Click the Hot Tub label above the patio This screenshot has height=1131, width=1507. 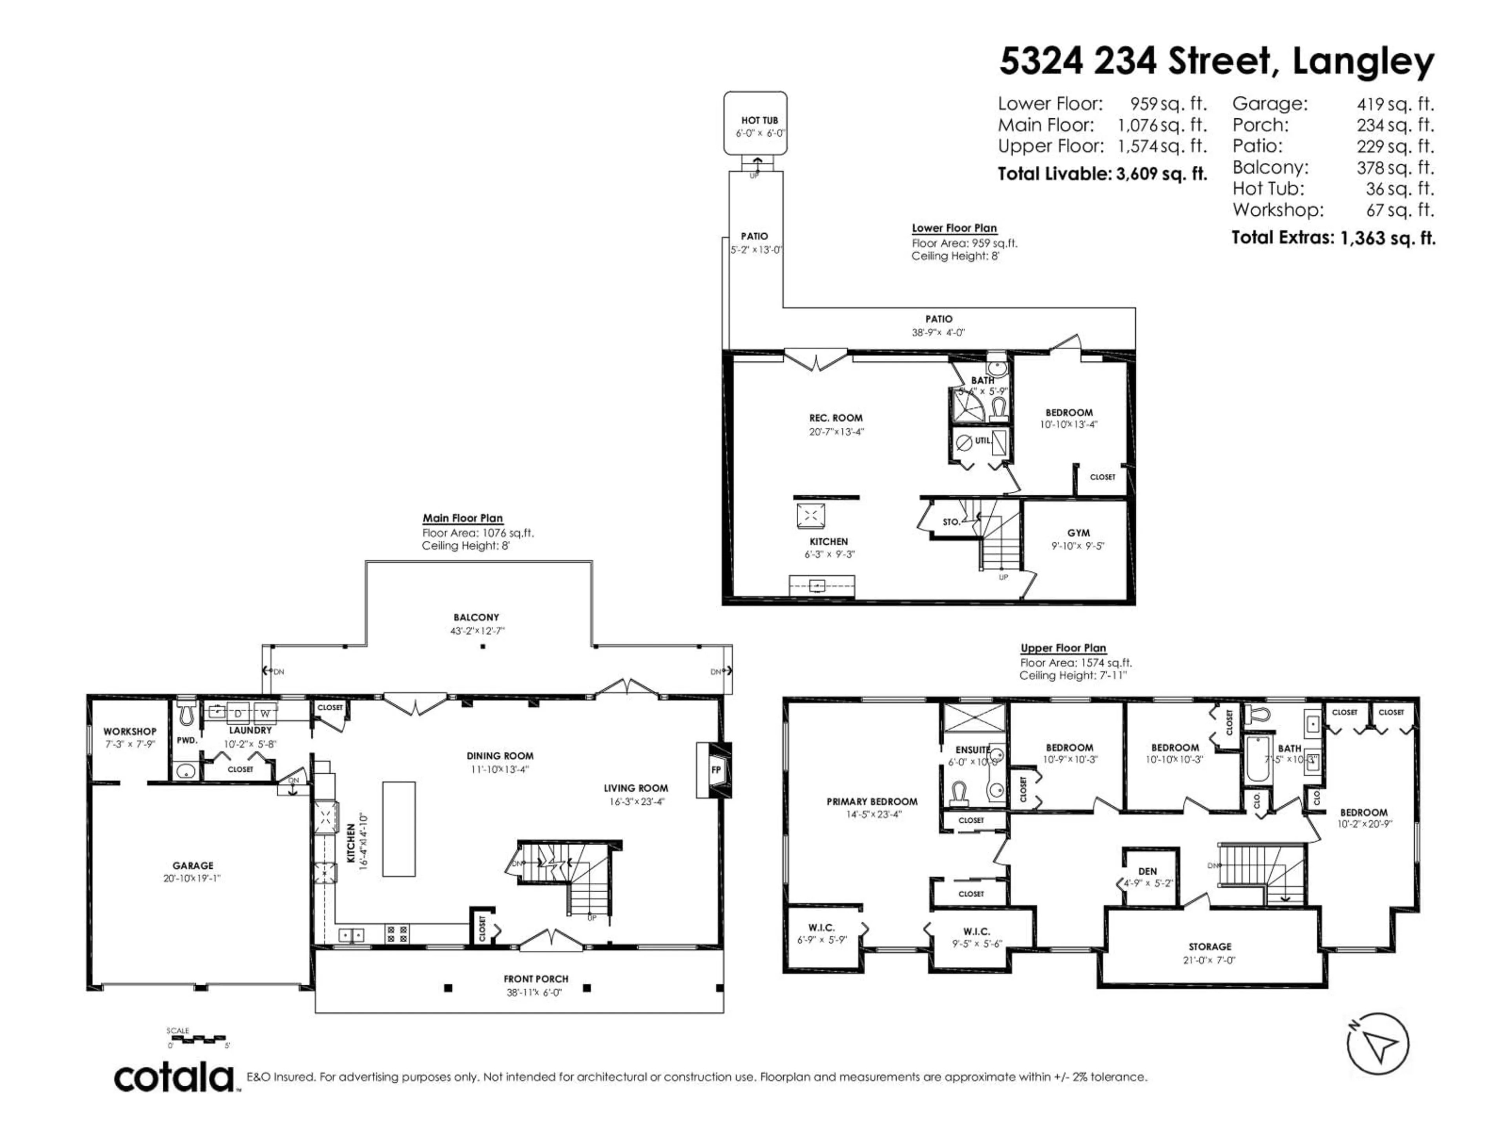pyautogui.click(x=760, y=121)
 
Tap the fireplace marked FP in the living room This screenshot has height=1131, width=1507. pyautogui.click(x=715, y=770)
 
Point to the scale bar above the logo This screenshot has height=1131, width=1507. pyautogui.click(x=197, y=1038)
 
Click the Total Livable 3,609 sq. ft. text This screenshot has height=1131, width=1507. pyautogui.click(x=1102, y=174)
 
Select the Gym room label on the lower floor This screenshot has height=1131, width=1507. pyautogui.click(x=1078, y=533)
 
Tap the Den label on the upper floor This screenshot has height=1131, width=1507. pyautogui.click(x=1147, y=871)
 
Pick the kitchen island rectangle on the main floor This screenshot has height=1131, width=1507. pyautogui.click(x=399, y=828)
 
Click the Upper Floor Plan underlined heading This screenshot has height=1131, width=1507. pyautogui.click(x=1063, y=648)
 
